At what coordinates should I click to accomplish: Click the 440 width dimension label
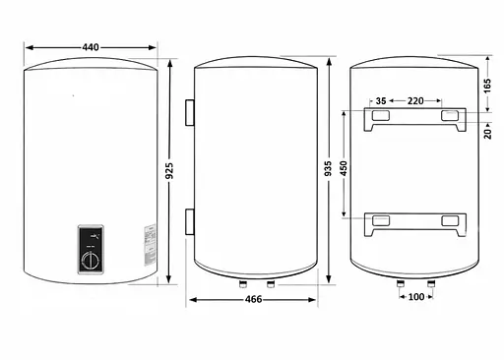[x=91, y=47]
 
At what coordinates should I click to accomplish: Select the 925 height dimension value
[x=169, y=171]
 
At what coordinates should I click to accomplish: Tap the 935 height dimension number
[x=328, y=168]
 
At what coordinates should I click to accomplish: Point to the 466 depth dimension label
[x=254, y=299]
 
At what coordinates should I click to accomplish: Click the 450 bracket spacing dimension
[x=344, y=168]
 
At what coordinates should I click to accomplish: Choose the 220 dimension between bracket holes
[x=415, y=101]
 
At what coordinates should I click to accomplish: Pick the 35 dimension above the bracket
[x=381, y=101]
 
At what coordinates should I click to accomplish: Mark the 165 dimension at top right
[x=487, y=86]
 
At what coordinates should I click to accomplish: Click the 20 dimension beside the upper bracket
[x=487, y=134]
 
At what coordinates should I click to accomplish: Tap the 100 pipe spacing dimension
[x=416, y=297]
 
